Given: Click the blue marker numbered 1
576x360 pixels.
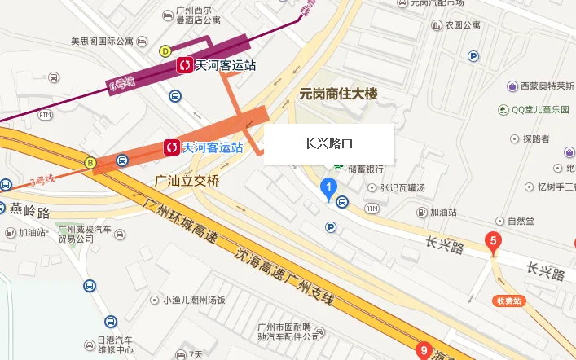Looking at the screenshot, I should (x=328, y=190).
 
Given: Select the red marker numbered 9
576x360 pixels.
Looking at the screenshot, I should (x=423, y=350).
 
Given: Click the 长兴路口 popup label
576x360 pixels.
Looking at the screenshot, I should (x=329, y=144).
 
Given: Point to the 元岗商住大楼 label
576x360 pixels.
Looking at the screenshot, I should (x=339, y=94).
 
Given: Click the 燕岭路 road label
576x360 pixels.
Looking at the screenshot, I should (x=30, y=213).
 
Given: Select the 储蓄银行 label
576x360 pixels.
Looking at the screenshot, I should (x=365, y=169).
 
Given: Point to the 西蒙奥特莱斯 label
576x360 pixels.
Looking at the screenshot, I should (x=543, y=86).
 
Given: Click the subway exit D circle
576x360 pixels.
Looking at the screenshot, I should (x=165, y=50).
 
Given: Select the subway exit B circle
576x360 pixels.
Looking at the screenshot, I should (x=90, y=161).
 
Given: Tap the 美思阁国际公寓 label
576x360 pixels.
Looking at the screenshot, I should (x=102, y=41).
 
